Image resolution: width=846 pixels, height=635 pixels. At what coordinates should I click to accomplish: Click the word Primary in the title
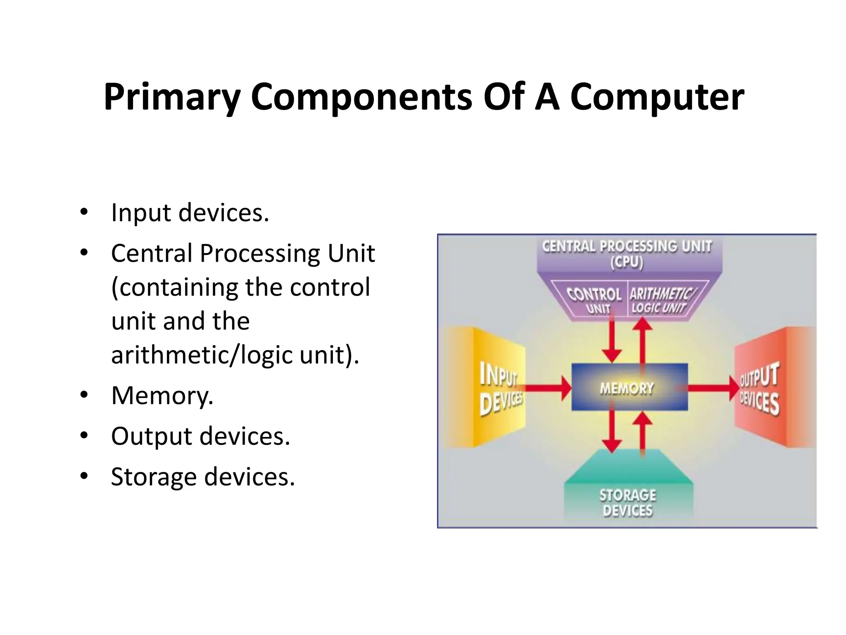click(x=172, y=98)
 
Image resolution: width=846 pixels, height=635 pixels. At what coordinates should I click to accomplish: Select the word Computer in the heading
click(x=657, y=98)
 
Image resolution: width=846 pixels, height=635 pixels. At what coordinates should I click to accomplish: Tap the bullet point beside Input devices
click(x=84, y=212)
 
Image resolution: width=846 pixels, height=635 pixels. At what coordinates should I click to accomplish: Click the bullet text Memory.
click(x=162, y=395)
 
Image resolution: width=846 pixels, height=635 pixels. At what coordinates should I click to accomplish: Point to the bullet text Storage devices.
click(x=202, y=477)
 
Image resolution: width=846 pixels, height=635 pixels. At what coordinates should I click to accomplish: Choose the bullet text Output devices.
click(x=200, y=436)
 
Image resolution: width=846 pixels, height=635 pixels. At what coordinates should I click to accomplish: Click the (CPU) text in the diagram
click(x=627, y=263)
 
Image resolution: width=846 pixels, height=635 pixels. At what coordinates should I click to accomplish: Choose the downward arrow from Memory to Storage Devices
click(x=612, y=432)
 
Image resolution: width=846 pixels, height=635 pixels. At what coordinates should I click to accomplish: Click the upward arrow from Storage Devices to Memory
click(x=642, y=432)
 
